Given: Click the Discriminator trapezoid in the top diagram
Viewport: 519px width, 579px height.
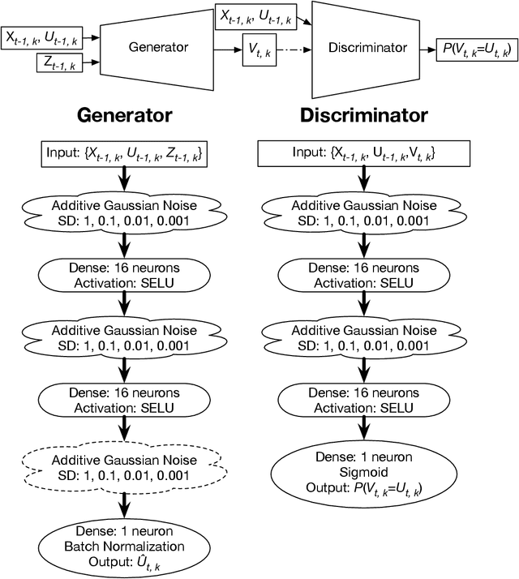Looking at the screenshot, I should coord(367,48).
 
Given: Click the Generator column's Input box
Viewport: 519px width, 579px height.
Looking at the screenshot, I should coord(124,153).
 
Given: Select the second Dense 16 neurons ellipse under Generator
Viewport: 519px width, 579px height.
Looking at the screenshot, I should coord(124,399).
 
